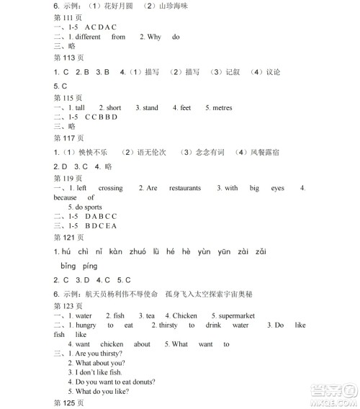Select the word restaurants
(x=185, y=188)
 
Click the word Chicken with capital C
(x=185, y=315)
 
